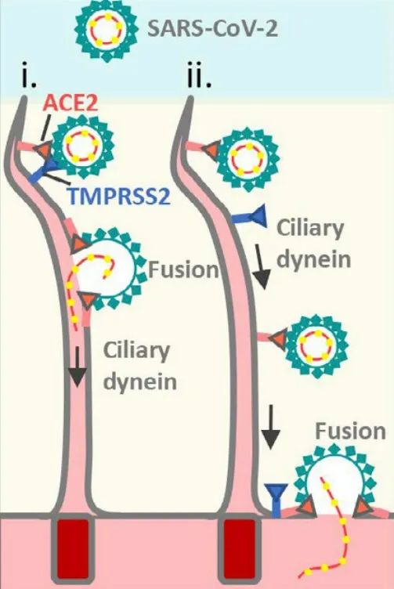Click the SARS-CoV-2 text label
213,27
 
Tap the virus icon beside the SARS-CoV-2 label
107,31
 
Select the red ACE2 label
71,102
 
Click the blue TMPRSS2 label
120,196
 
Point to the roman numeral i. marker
29,77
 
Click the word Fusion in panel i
183,269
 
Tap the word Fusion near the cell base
350,432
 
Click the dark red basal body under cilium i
73,551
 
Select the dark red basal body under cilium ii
239,551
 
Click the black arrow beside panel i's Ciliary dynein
78,367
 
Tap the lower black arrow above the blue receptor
270,428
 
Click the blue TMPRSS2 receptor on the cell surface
277,500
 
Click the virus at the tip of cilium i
83,146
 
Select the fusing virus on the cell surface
335,480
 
